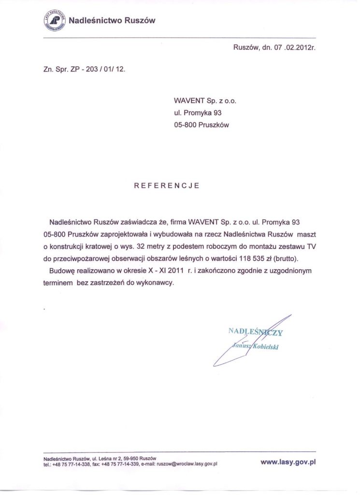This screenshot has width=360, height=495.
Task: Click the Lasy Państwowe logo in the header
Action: point(53,21)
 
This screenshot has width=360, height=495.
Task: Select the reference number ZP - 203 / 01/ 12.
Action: point(91,69)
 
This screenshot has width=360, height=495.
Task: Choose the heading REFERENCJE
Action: point(166,185)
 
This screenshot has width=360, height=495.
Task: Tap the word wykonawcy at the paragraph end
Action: point(154,283)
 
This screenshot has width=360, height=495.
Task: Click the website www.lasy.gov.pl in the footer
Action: point(288,462)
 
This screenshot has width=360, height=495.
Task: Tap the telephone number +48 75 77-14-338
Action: point(70,464)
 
